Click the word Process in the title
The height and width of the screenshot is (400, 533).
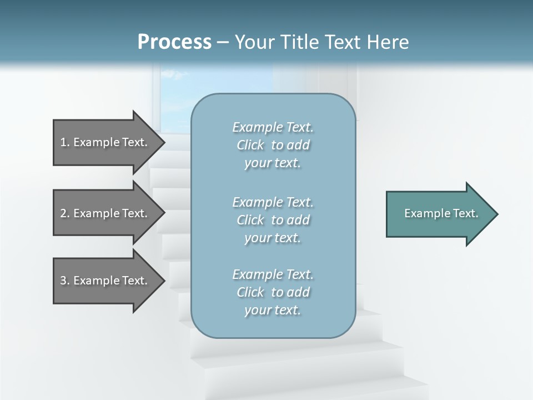(x=174, y=42)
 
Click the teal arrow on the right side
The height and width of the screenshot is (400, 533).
(x=439, y=214)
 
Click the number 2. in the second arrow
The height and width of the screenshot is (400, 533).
(x=65, y=213)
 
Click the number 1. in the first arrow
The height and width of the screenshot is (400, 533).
(x=65, y=142)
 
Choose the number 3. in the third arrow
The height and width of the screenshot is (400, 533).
(x=65, y=281)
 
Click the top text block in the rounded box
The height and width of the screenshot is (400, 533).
(x=273, y=145)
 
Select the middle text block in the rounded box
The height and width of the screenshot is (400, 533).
(x=273, y=220)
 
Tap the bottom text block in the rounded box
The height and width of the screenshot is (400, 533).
(x=273, y=292)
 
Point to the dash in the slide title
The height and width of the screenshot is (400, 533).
(x=223, y=42)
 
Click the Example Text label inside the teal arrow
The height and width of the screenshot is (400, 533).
(x=441, y=213)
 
